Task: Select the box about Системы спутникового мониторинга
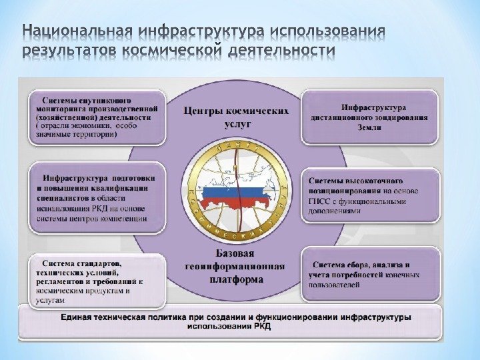(97, 117)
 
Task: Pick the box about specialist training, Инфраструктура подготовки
(97, 198)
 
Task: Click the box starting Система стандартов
(97, 280)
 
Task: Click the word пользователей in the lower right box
(334, 285)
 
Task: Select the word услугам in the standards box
(47, 301)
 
